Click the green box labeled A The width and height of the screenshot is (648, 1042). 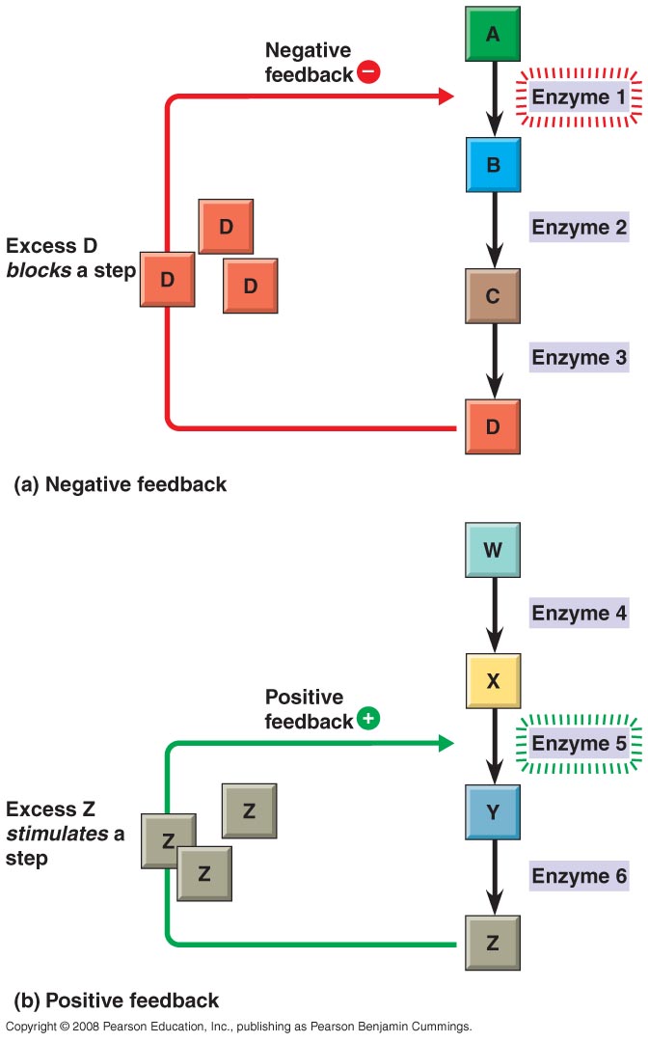pos(493,35)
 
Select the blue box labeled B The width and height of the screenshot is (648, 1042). pos(493,165)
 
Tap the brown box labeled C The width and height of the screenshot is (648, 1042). pos(493,296)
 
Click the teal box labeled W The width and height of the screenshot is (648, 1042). pos(493,551)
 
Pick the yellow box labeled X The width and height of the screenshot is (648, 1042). pos(493,681)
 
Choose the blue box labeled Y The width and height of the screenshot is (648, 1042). pos(493,812)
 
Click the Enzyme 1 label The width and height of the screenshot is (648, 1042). pos(580,97)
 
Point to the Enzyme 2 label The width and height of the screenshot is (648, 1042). pos(580,228)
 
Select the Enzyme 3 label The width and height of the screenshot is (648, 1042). pos(580,358)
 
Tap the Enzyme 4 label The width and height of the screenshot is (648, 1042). pos(580,613)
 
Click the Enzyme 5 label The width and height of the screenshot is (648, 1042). pos(580,744)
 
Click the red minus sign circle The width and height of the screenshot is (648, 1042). pos(367,71)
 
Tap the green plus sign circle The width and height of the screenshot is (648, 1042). pos(367,720)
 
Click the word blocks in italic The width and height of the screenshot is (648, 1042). pos(36,270)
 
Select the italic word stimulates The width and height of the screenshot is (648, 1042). pos(57,834)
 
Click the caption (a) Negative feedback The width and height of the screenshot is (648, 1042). pos(120,485)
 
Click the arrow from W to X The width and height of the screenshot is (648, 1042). pos(493,615)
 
